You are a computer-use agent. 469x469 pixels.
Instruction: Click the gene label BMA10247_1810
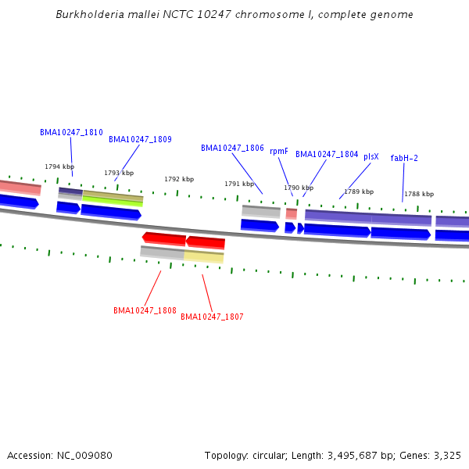coord(71,132)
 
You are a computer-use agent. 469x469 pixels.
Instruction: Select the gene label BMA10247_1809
coord(140,139)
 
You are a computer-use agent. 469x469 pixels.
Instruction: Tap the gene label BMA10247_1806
coord(232,148)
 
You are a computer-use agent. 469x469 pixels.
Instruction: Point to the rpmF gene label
coord(279,152)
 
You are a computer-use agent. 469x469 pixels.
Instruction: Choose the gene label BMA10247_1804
coord(327,154)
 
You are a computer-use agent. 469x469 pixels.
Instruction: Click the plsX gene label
coord(371,157)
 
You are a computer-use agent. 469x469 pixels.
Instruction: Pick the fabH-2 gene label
coord(404,158)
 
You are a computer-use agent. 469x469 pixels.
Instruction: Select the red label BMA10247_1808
coord(145,310)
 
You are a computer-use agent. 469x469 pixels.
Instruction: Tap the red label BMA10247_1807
coord(212,317)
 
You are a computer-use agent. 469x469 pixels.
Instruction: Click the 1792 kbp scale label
coord(179,179)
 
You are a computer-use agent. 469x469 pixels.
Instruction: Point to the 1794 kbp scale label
coord(59,166)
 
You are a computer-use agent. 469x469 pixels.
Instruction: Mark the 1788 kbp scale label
coord(419,194)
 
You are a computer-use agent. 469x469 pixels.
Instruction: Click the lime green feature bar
coord(113,202)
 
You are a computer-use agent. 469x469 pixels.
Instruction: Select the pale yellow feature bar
coord(204,257)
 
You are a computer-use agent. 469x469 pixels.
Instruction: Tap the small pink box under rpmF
coord(292,214)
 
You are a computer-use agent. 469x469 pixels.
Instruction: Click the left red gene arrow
coord(164,239)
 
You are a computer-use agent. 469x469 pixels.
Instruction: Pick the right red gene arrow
coord(206,242)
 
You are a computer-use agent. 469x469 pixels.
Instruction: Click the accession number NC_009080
coord(84,456)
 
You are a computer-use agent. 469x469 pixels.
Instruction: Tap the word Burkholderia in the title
coord(90,14)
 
